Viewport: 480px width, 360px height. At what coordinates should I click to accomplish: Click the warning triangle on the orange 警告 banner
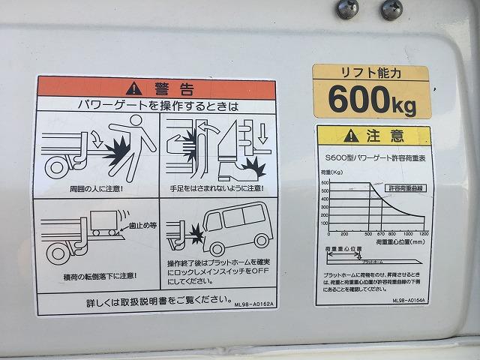click(133, 86)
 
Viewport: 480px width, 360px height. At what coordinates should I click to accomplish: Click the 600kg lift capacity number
click(371, 100)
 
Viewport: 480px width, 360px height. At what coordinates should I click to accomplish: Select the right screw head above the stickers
click(391, 9)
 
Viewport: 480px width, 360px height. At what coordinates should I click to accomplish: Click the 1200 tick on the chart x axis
click(423, 233)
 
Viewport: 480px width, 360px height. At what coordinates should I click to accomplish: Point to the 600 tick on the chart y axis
click(325, 182)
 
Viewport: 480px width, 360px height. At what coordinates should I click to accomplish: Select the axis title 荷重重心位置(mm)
click(401, 241)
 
